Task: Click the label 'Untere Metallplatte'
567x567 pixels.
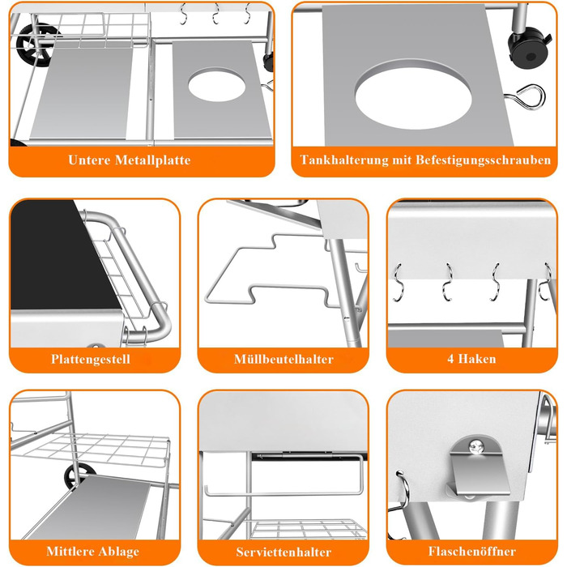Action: tap(129, 160)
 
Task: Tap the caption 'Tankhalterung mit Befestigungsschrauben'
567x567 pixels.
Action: tap(425, 160)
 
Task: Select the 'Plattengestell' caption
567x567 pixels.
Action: tap(91, 359)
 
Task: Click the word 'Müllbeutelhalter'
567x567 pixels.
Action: tap(283, 359)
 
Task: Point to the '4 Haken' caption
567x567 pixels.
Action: tap(471, 359)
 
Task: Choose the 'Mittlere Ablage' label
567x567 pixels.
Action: tap(92, 551)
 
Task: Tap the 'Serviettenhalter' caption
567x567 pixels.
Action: tap(283, 552)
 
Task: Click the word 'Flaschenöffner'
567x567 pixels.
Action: tap(472, 551)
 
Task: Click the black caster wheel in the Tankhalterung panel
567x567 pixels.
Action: tap(529, 48)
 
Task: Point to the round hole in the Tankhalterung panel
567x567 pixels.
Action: tap(413, 95)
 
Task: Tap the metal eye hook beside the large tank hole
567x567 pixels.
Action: tap(525, 97)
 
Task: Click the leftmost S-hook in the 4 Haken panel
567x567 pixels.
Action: tap(398, 283)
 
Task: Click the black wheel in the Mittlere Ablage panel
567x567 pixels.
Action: tap(80, 475)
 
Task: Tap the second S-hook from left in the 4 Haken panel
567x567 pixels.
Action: tap(448, 282)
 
